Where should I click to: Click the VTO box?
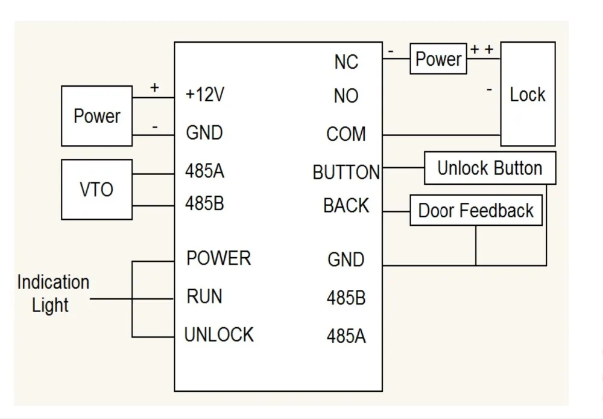tap(97, 190)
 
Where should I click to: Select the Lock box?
tap(528, 94)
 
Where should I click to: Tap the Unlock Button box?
tap(490, 168)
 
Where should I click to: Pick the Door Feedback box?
tap(476, 210)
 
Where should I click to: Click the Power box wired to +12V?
tap(97, 116)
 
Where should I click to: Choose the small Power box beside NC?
tap(438, 59)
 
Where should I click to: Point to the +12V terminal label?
tap(204, 94)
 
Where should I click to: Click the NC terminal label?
tap(346, 62)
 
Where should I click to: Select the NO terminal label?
tap(346, 95)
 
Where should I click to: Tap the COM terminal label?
tap(346, 134)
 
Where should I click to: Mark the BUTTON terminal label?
tap(346, 172)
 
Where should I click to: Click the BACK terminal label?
tap(346, 205)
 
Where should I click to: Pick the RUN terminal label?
tap(204, 296)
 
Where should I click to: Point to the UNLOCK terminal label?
tap(219, 334)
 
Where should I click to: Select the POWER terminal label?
tap(218, 258)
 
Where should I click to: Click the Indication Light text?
tap(53, 293)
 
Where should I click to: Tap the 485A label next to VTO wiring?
tap(204, 171)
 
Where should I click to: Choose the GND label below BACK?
tap(346, 260)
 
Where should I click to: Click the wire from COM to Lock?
tap(441, 135)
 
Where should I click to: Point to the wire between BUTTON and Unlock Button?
tap(403, 167)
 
